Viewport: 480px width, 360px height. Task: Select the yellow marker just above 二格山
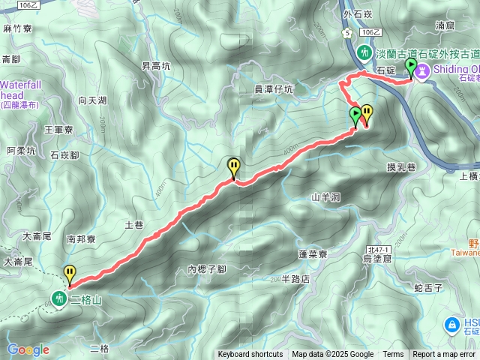70,273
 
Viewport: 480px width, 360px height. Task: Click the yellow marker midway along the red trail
234,166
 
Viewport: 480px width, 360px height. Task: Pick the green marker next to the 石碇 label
410,68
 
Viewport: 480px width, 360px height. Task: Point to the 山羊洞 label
325,198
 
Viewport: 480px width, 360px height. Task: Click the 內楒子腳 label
207,269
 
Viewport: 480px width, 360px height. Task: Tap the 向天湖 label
92,100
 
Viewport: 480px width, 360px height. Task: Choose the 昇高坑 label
156,66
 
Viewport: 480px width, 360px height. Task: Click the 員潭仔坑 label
274,89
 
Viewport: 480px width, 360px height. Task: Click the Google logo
28,349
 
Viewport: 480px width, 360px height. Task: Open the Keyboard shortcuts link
250,355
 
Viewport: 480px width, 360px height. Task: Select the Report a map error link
444,355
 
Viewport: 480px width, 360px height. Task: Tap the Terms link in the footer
393,355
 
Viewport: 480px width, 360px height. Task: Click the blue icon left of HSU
451,325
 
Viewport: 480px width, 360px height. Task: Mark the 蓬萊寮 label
313,254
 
